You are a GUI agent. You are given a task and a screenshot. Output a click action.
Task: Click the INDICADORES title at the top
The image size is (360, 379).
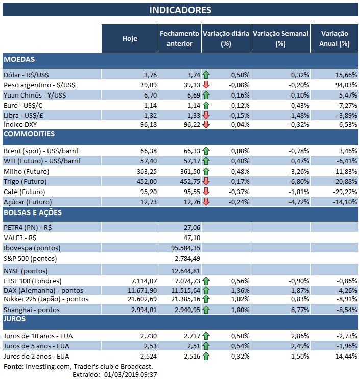coord(180,10)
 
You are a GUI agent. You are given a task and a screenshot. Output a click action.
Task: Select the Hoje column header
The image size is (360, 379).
coord(130,38)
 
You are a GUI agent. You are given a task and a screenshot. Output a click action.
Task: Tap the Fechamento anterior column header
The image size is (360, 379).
coord(179,38)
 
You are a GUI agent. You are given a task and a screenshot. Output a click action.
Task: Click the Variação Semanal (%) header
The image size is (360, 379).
coord(280,38)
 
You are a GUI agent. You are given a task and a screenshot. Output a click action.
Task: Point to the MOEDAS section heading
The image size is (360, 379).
coord(19,60)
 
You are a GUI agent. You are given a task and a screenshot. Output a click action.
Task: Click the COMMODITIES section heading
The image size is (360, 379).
coord(29,134)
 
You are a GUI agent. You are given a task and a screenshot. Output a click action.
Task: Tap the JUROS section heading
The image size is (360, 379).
coord(15,319)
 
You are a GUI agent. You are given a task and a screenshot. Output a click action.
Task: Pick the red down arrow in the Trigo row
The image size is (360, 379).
coord(206,181)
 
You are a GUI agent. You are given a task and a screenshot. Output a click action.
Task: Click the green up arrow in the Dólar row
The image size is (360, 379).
coord(206,75)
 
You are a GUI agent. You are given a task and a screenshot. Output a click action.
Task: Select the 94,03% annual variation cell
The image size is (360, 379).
coord(345,85)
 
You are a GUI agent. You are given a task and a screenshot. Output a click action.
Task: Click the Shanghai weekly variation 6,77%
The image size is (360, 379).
coord(298,310)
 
